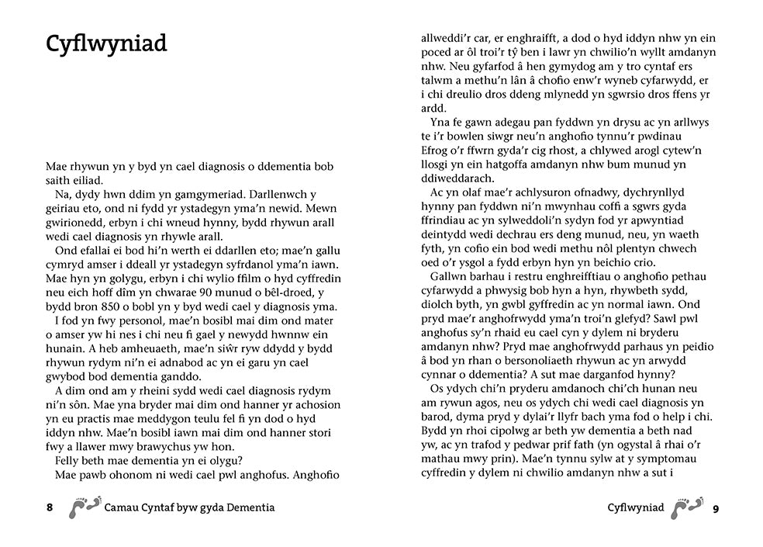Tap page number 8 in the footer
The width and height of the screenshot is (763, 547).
(x=50, y=507)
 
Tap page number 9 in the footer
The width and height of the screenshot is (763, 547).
(x=716, y=508)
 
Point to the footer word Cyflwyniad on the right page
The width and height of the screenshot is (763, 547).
(x=636, y=507)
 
